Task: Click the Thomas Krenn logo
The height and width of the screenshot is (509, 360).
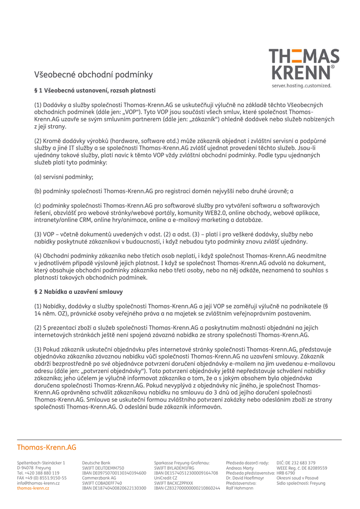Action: pyautogui.click(x=304, y=65)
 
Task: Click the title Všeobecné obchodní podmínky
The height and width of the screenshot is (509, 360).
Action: pyautogui.click(x=93, y=75)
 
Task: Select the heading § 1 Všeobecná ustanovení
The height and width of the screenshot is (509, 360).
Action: pyautogui.click(x=95, y=90)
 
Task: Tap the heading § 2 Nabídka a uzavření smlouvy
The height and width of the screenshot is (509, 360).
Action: pyautogui.click(x=79, y=292)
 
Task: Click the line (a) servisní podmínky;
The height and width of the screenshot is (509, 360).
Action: pyautogui.click(x=64, y=177)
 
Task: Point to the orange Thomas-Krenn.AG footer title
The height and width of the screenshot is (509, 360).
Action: pyautogui.click(x=47, y=447)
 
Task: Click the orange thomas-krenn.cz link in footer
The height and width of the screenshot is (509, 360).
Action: pyautogui.click(x=33, y=488)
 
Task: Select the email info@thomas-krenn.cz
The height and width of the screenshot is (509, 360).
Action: pyautogui.click(x=38, y=483)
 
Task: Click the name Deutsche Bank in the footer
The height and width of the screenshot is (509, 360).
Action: pyautogui.click(x=96, y=463)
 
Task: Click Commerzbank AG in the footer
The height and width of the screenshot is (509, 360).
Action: pyautogui.click(x=99, y=478)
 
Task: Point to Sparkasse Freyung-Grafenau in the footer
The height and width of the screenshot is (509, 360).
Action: pyautogui.click(x=181, y=463)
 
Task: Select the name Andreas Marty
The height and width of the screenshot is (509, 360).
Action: pyautogui.click(x=240, y=468)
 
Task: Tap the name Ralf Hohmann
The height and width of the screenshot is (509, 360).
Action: pyautogui.click(x=240, y=488)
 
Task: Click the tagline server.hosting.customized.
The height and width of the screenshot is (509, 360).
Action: pyautogui.click(x=301, y=85)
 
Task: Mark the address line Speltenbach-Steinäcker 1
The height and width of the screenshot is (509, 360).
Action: pyautogui.click(x=41, y=463)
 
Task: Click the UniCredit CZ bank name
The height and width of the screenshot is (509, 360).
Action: pyautogui.click(x=166, y=478)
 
